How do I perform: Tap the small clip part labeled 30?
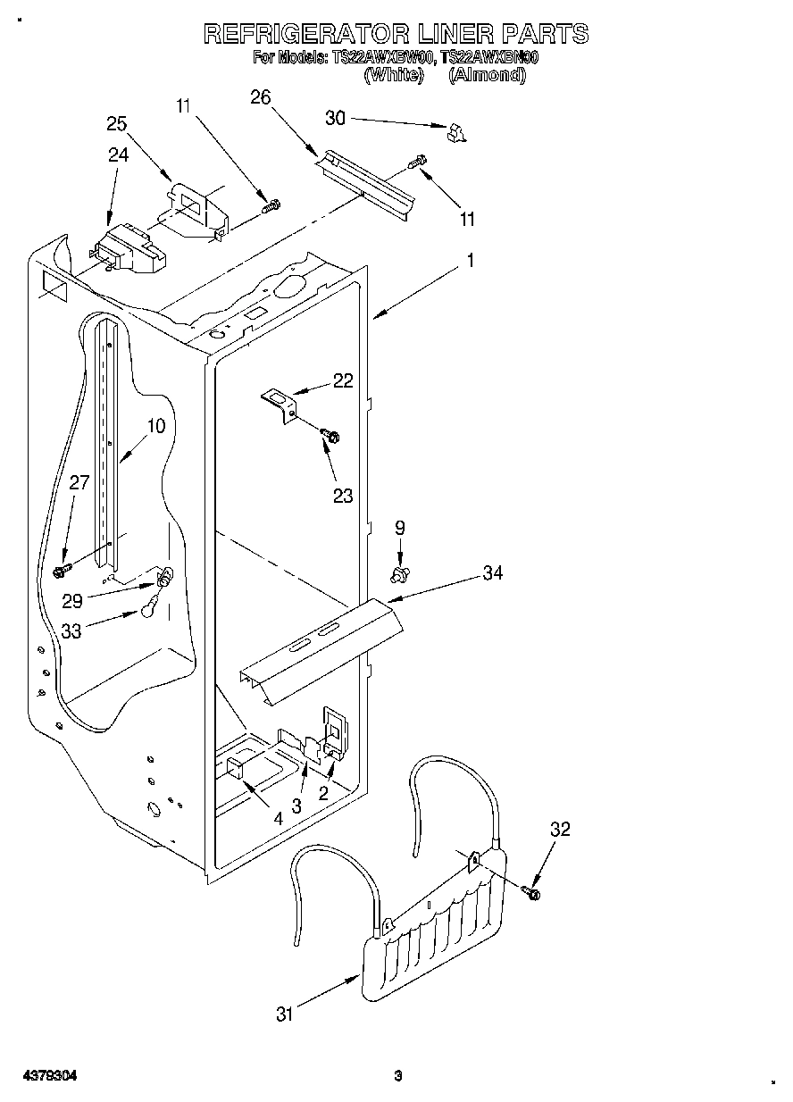click(x=456, y=132)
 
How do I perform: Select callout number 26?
click(x=261, y=97)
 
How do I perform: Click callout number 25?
click(x=117, y=124)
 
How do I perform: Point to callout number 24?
click(x=118, y=154)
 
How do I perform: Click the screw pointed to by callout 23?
click(x=330, y=436)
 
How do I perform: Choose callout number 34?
click(x=492, y=572)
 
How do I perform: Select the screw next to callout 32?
click(x=533, y=891)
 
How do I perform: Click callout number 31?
click(x=285, y=1014)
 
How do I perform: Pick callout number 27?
click(x=79, y=483)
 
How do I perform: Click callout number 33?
click(x=72, y=630)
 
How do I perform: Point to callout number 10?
click(x=155, y=426)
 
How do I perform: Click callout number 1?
click(x=471, y=261)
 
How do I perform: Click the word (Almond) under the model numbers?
click(x=487, y=75)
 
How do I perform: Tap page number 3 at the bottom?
click(x=397, y=1076)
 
